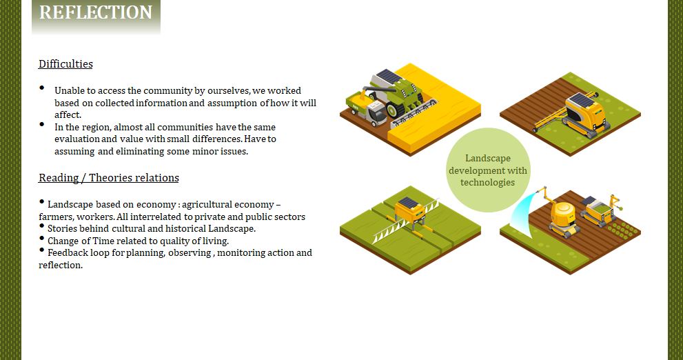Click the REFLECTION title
click(96, 12)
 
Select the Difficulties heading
click(65, 64)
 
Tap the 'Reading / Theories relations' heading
click(109, 178)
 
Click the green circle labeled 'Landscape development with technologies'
click(488, 170)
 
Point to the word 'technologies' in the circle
click(487, 183)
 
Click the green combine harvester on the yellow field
click(394, 94)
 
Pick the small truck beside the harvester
click(367, 110)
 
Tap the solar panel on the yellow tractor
click(583, 100)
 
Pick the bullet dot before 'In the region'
click(42, 124)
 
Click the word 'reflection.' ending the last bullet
click(61, 265)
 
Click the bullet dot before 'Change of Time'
click(42, 238)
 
